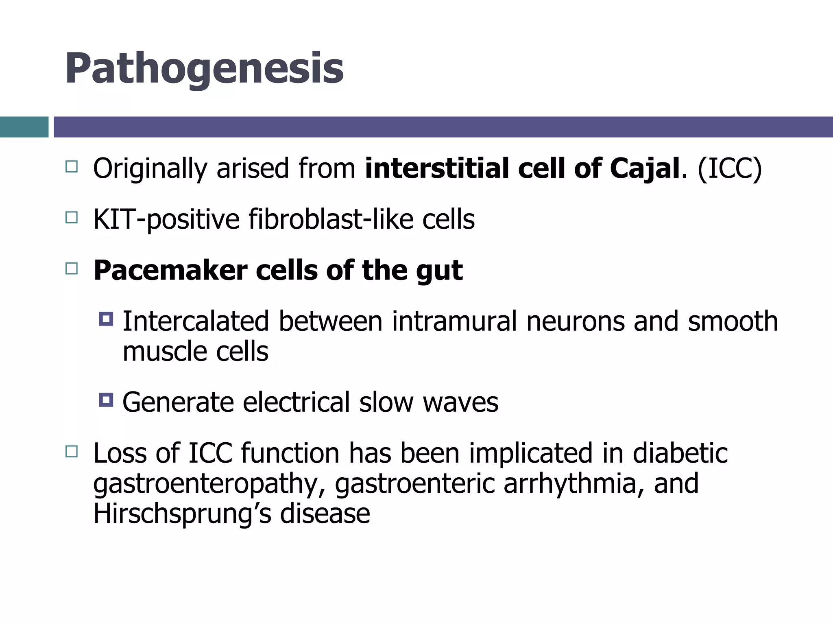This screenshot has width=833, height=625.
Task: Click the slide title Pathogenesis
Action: (204, 68)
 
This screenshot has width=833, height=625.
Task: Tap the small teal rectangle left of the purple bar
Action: (24, 127)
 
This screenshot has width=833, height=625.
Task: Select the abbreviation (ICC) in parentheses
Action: (729, 168)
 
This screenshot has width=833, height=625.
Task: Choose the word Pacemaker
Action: (170, 271)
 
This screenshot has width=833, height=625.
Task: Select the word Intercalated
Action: (196, 321)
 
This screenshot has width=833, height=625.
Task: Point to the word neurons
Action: (575, 321)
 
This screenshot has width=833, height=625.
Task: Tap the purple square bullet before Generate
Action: (106, 400)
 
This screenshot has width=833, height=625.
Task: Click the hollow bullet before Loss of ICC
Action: (71, 451)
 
